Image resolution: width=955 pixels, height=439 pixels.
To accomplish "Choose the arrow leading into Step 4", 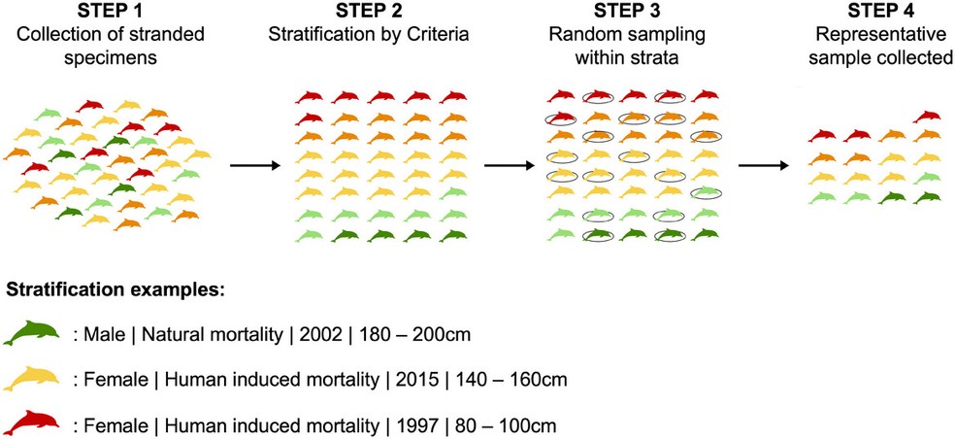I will click(x=761, y=165).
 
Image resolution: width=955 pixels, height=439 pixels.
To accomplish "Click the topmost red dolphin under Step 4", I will click(x=927, y=117).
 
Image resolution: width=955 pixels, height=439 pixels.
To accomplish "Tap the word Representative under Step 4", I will click(x=884, y=39).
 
